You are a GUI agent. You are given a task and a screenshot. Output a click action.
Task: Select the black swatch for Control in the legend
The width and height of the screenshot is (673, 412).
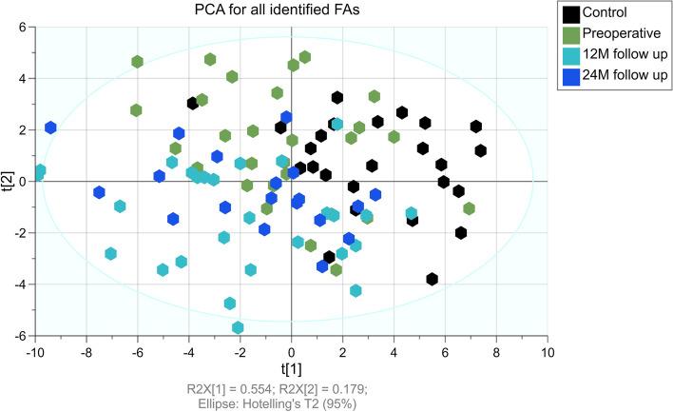pos(572,14)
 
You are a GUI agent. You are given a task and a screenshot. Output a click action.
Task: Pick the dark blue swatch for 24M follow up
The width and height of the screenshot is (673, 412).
pos(572,73)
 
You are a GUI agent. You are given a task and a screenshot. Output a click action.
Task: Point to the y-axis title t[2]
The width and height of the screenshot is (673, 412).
pos(9,182)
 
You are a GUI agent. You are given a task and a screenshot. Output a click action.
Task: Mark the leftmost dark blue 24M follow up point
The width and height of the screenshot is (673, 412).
pos(50,128)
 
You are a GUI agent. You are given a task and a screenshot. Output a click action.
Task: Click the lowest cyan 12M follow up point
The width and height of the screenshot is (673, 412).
pos(238,328)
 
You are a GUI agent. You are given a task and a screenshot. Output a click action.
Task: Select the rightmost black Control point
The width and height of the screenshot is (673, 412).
pos(481,150)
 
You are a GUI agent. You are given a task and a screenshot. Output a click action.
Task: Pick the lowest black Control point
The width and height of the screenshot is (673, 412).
pos(433,279)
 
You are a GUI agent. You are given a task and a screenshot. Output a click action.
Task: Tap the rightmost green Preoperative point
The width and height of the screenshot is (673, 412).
pos(469,208)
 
